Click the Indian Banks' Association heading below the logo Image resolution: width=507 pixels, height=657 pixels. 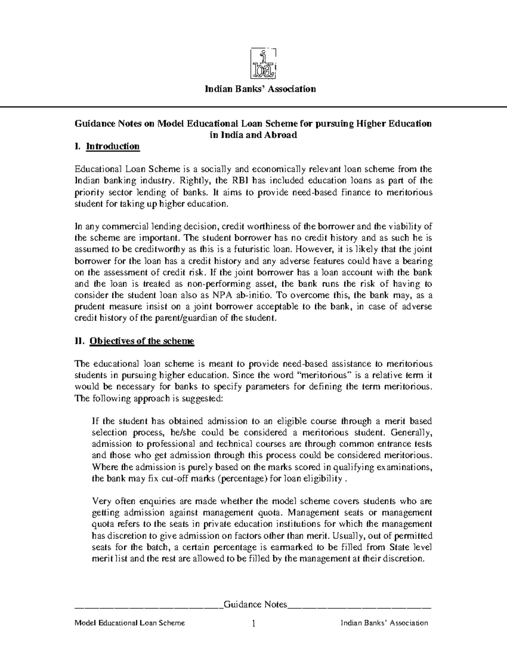[x=260, y=89]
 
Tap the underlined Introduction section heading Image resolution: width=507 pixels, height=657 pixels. [x=112, y=146]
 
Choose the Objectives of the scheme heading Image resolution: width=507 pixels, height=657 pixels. [x=142, y=341]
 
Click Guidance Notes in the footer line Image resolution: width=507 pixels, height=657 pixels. [x=255, y=604]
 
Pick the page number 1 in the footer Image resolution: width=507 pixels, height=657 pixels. [x=253, y=624]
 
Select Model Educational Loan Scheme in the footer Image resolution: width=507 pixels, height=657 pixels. [x=129, y=623]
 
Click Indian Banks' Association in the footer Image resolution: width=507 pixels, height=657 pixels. [x=384, y=623]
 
